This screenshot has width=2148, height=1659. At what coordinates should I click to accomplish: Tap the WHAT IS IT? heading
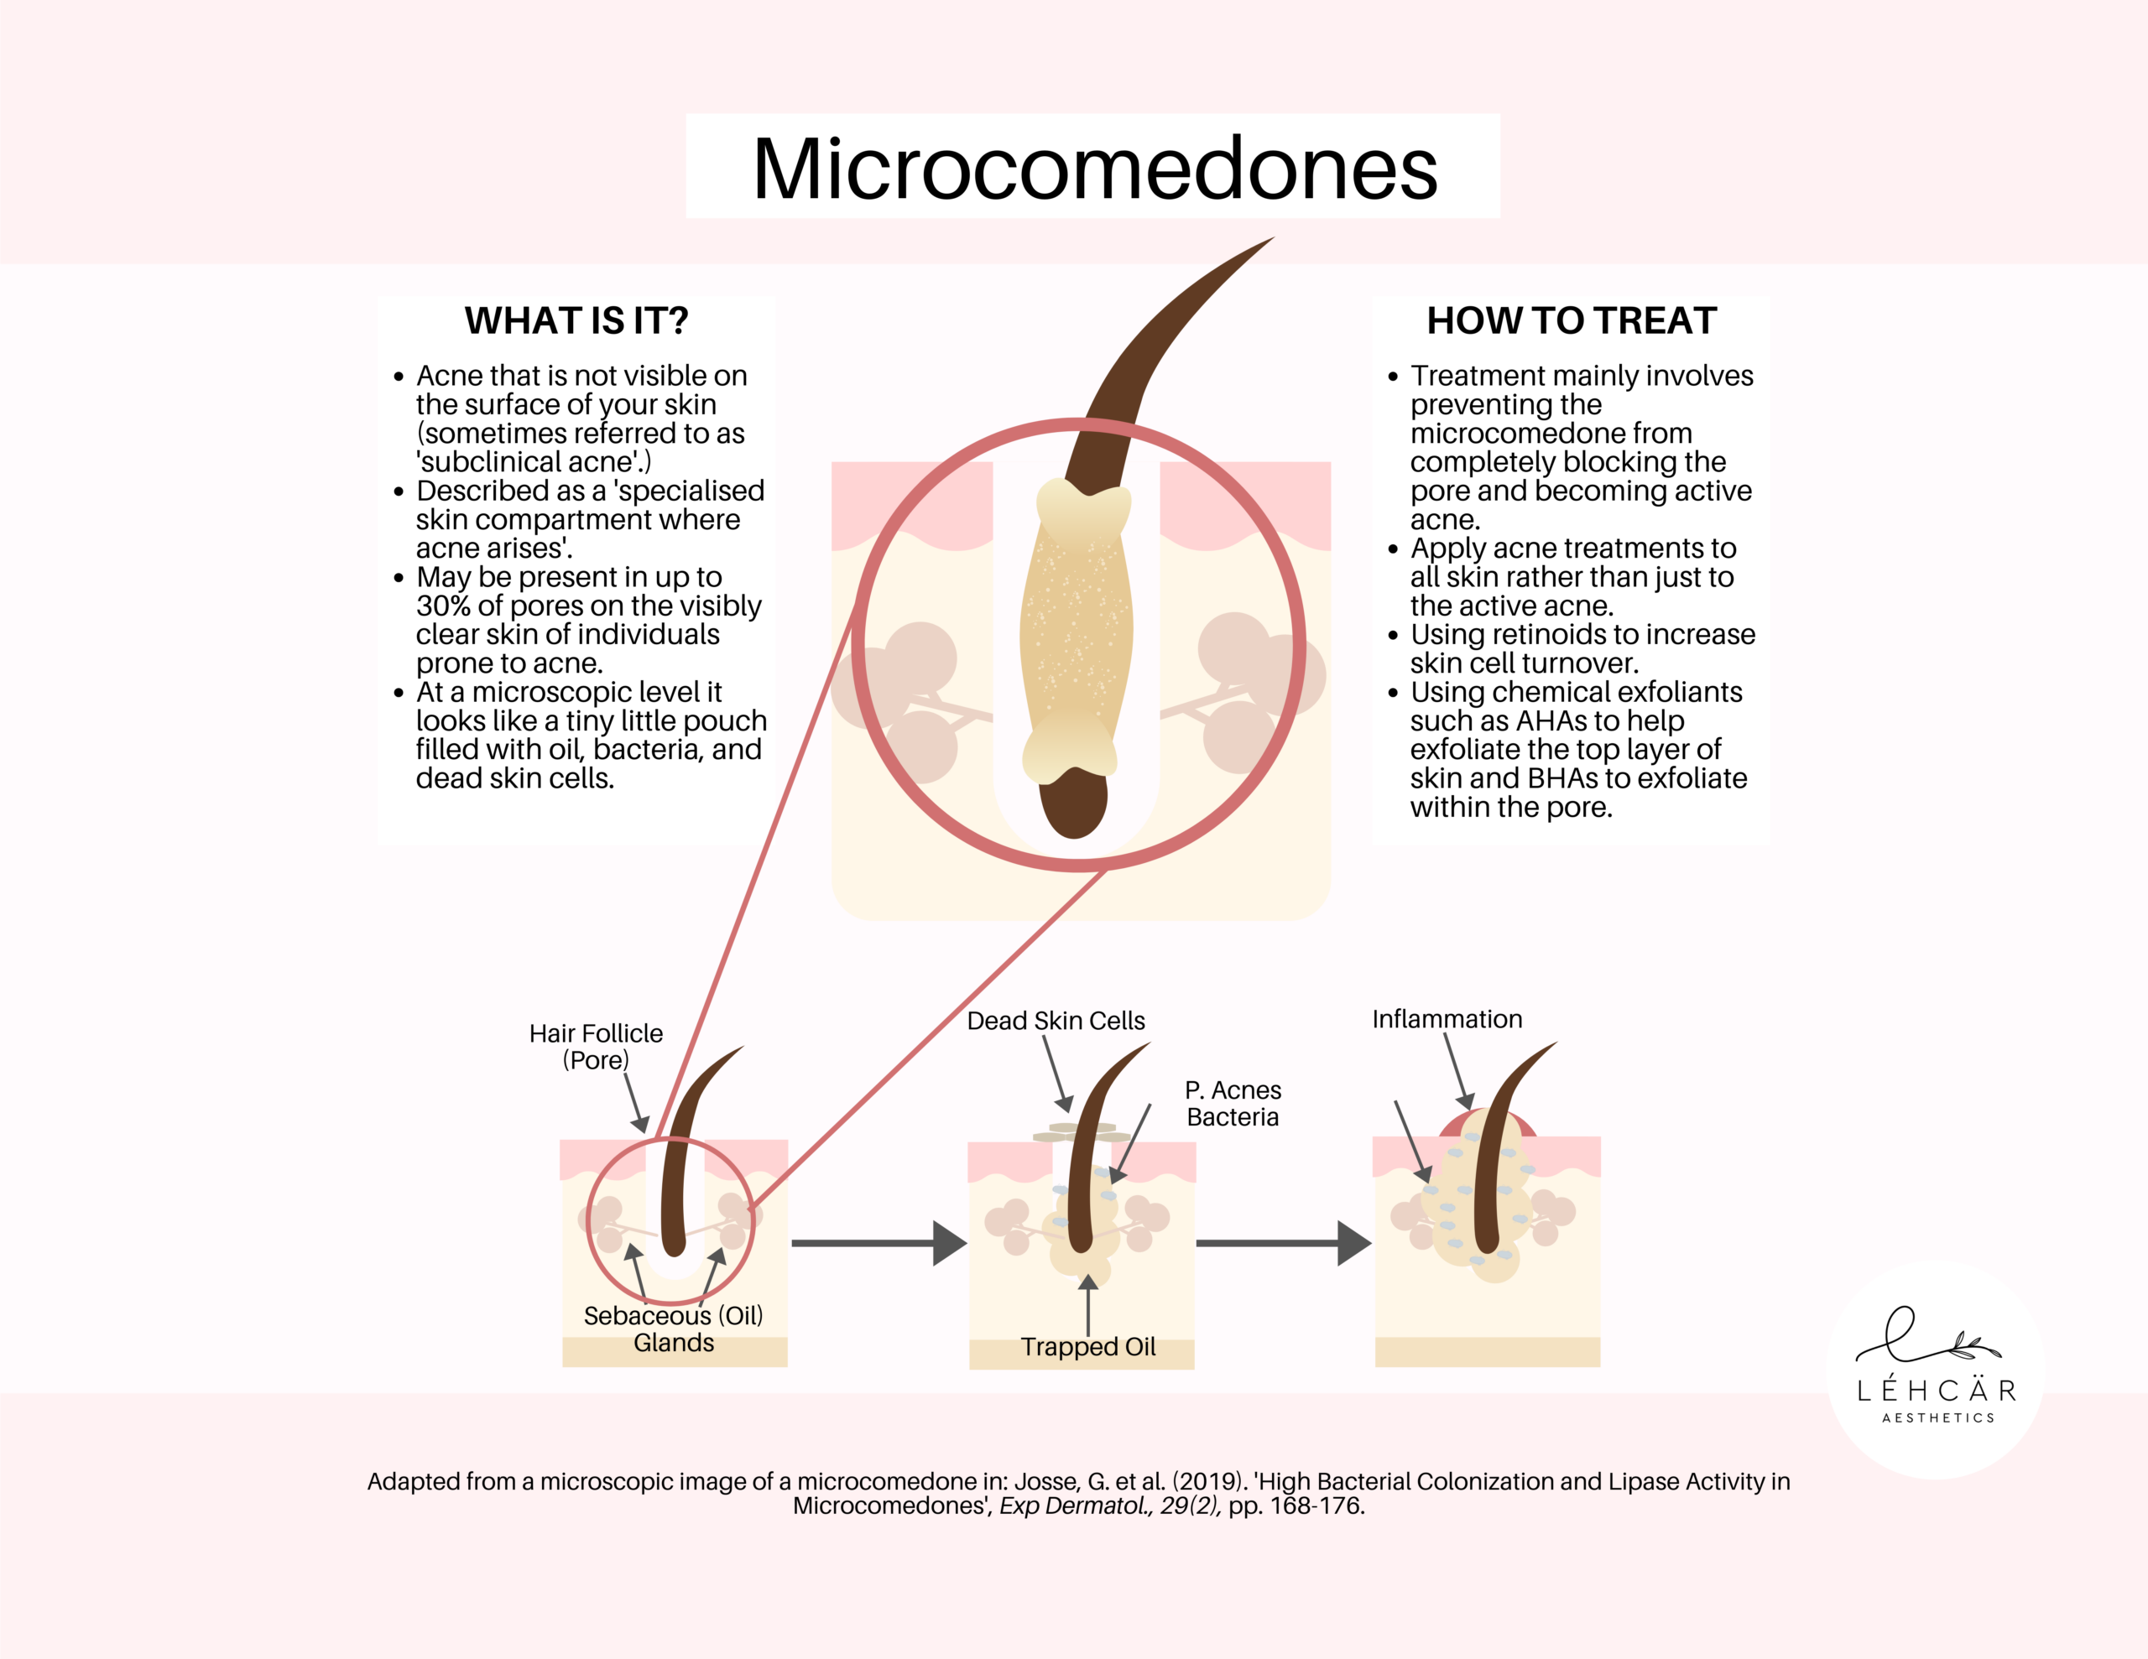(576, 320)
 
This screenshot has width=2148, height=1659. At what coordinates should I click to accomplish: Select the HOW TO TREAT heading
(1571, 320)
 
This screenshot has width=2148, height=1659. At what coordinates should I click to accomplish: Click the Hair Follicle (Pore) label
(595, 1047)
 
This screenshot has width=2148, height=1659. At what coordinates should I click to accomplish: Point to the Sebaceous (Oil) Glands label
(673, 1329)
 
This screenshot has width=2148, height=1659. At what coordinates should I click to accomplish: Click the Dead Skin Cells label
(1056, 1021)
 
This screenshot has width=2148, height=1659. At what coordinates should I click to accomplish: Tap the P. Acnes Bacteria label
(1233, 1104)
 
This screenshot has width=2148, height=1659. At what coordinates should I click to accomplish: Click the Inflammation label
(1447, 1019)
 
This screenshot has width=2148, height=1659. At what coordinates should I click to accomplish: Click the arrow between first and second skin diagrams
(878, 1243)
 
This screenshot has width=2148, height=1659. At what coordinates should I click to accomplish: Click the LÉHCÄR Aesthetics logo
(1936, 1370)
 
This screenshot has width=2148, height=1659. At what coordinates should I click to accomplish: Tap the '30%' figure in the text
(444, 606)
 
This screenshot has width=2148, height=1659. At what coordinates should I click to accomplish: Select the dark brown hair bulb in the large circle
(1074, 802)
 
